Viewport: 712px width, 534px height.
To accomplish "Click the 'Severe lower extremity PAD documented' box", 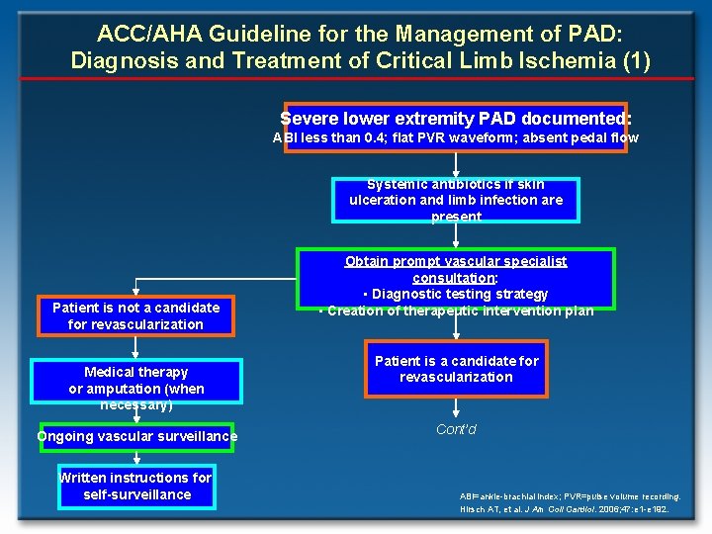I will (456, 118).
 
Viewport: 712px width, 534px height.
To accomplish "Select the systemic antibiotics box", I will (456, 200).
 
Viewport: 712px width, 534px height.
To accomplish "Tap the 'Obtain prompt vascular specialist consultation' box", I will (456, 286).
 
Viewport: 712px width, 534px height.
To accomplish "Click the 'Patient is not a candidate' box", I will (136, 316).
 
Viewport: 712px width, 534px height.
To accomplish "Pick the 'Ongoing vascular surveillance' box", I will (136, 436).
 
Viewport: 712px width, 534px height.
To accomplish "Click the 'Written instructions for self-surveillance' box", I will (136, 486).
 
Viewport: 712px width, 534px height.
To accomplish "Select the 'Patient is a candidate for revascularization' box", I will (456, 369).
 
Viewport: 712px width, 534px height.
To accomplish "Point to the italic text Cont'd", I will (456, 429).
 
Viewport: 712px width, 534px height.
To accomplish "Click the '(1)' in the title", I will (634, 60).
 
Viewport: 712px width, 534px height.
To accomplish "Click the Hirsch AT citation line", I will (564, 508).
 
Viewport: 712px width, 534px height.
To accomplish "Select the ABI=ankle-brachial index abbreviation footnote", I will (570, 495).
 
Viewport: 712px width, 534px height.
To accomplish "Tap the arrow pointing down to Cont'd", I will (456, 407).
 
